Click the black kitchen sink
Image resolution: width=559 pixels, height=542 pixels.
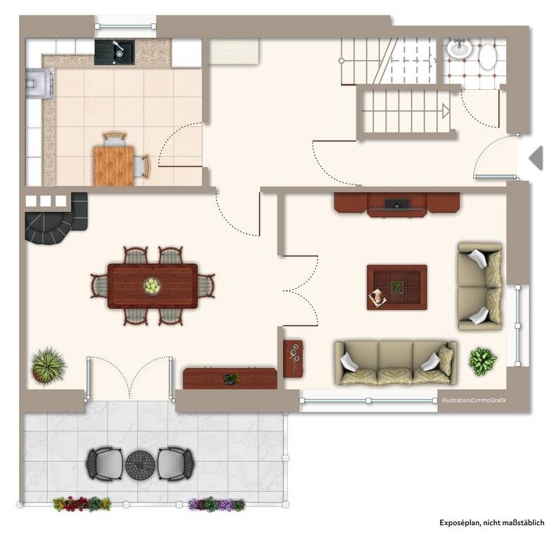(x=115, y=52)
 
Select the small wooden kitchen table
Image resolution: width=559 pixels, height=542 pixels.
(x=114, y=166)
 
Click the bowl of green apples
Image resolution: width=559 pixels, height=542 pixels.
(x=152, y=286)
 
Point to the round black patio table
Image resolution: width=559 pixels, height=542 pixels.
(x=140, y=465)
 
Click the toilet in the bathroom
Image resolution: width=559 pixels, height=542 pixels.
(x=487, y=57)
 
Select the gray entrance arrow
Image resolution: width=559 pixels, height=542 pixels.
(x=536, y=158)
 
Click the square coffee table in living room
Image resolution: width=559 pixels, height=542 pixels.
(x=397, y=287)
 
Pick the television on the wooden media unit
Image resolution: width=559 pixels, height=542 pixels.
(x=397, y=203)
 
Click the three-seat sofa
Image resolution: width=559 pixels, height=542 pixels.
(x=396, y=363)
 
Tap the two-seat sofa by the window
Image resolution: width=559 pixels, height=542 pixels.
(x=480, y=286)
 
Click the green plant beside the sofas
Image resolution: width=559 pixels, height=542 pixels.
(x=483, y=361)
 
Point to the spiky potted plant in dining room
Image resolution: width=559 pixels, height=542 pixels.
(x=48, y=365)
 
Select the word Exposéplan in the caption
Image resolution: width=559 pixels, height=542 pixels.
(x=459, y=523)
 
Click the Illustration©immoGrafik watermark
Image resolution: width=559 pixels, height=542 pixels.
(x=474, y=401)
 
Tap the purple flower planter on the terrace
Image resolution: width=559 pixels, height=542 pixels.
(x=216, y=504)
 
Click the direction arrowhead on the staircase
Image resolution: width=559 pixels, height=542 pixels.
(x=446, y=111)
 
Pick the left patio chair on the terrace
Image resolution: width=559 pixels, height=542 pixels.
(x=104, y=464)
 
